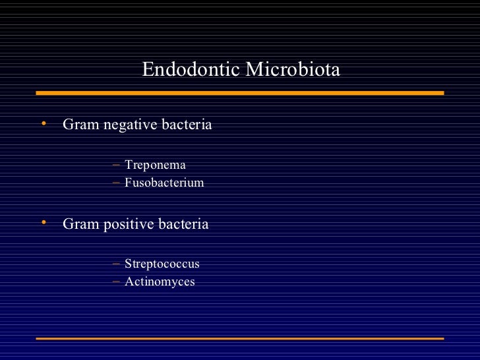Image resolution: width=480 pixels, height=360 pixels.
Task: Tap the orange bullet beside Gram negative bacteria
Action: [x=43, y=123]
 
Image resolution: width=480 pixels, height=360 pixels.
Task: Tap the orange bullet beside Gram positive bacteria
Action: [x=43, y=223]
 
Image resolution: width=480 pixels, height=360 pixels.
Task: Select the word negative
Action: [x=131, y=125]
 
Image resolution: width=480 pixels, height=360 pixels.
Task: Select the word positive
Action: [x=129, y=225]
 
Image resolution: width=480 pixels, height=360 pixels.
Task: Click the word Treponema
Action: [x=155, y=165]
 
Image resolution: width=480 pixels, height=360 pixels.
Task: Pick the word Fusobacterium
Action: [x=164, y=183]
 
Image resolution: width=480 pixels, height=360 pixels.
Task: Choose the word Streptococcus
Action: [x=162, y=264]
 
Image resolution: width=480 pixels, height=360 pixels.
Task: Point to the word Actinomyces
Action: [x=160, y=282]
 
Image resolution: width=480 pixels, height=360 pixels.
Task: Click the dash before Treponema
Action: [x=116, y=165]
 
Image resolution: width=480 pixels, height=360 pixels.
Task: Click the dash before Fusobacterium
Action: [x=116, y=183]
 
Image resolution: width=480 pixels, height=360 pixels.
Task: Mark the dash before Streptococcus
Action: [x=116, y=264]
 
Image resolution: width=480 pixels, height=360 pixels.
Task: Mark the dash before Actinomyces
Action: [x=116, y=282]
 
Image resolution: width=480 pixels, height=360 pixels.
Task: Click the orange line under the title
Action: [x=240, y=94]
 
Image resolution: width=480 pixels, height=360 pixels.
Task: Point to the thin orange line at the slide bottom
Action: [x=240, y=339]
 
